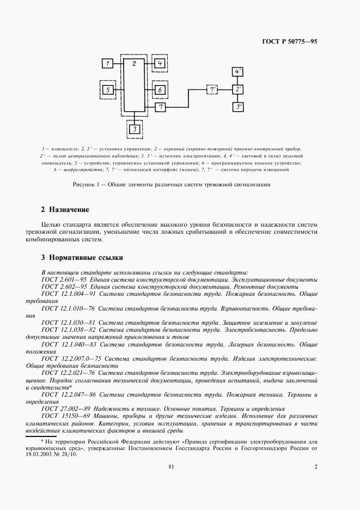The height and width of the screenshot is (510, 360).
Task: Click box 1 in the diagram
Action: [108, 64]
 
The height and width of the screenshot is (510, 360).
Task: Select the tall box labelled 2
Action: [134, 84]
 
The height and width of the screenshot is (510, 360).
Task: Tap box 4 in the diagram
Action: [160, 64]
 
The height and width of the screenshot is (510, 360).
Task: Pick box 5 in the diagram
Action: [108, 89]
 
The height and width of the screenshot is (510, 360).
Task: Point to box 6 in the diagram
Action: [160, 89]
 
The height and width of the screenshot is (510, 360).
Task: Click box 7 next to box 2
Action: [160, 107]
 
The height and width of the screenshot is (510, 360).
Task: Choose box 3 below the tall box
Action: [134, 129]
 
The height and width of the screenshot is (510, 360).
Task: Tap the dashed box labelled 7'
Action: [212, 89]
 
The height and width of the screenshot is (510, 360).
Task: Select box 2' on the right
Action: [238, 89]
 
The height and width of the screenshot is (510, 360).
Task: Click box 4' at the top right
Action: [238, 72]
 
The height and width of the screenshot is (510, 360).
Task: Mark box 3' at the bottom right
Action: [238, 107]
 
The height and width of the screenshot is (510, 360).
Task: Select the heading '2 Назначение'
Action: [65, 210]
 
